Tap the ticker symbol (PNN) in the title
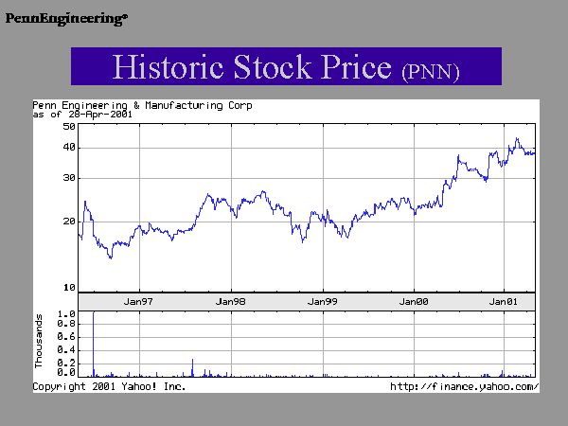(x=431, y=70)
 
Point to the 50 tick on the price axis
(x=69, y=126)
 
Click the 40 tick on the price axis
(x=69, y=148)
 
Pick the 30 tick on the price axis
(x=69, y=178)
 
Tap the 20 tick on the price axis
(x=69, y=222)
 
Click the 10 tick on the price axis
(x=69, y=287)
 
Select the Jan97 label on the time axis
(x=139, y=301)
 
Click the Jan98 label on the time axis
(x=231, y=301)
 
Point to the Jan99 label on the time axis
(x=323, y=301)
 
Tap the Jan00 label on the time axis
(x=415, y=301)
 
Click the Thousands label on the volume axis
(x=40, y=342)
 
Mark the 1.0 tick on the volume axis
(x=65, y=313)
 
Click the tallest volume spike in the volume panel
(x=94, y=341)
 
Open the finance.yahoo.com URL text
(x=465, y=387)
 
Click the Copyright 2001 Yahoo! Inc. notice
(x=110, y=387)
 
